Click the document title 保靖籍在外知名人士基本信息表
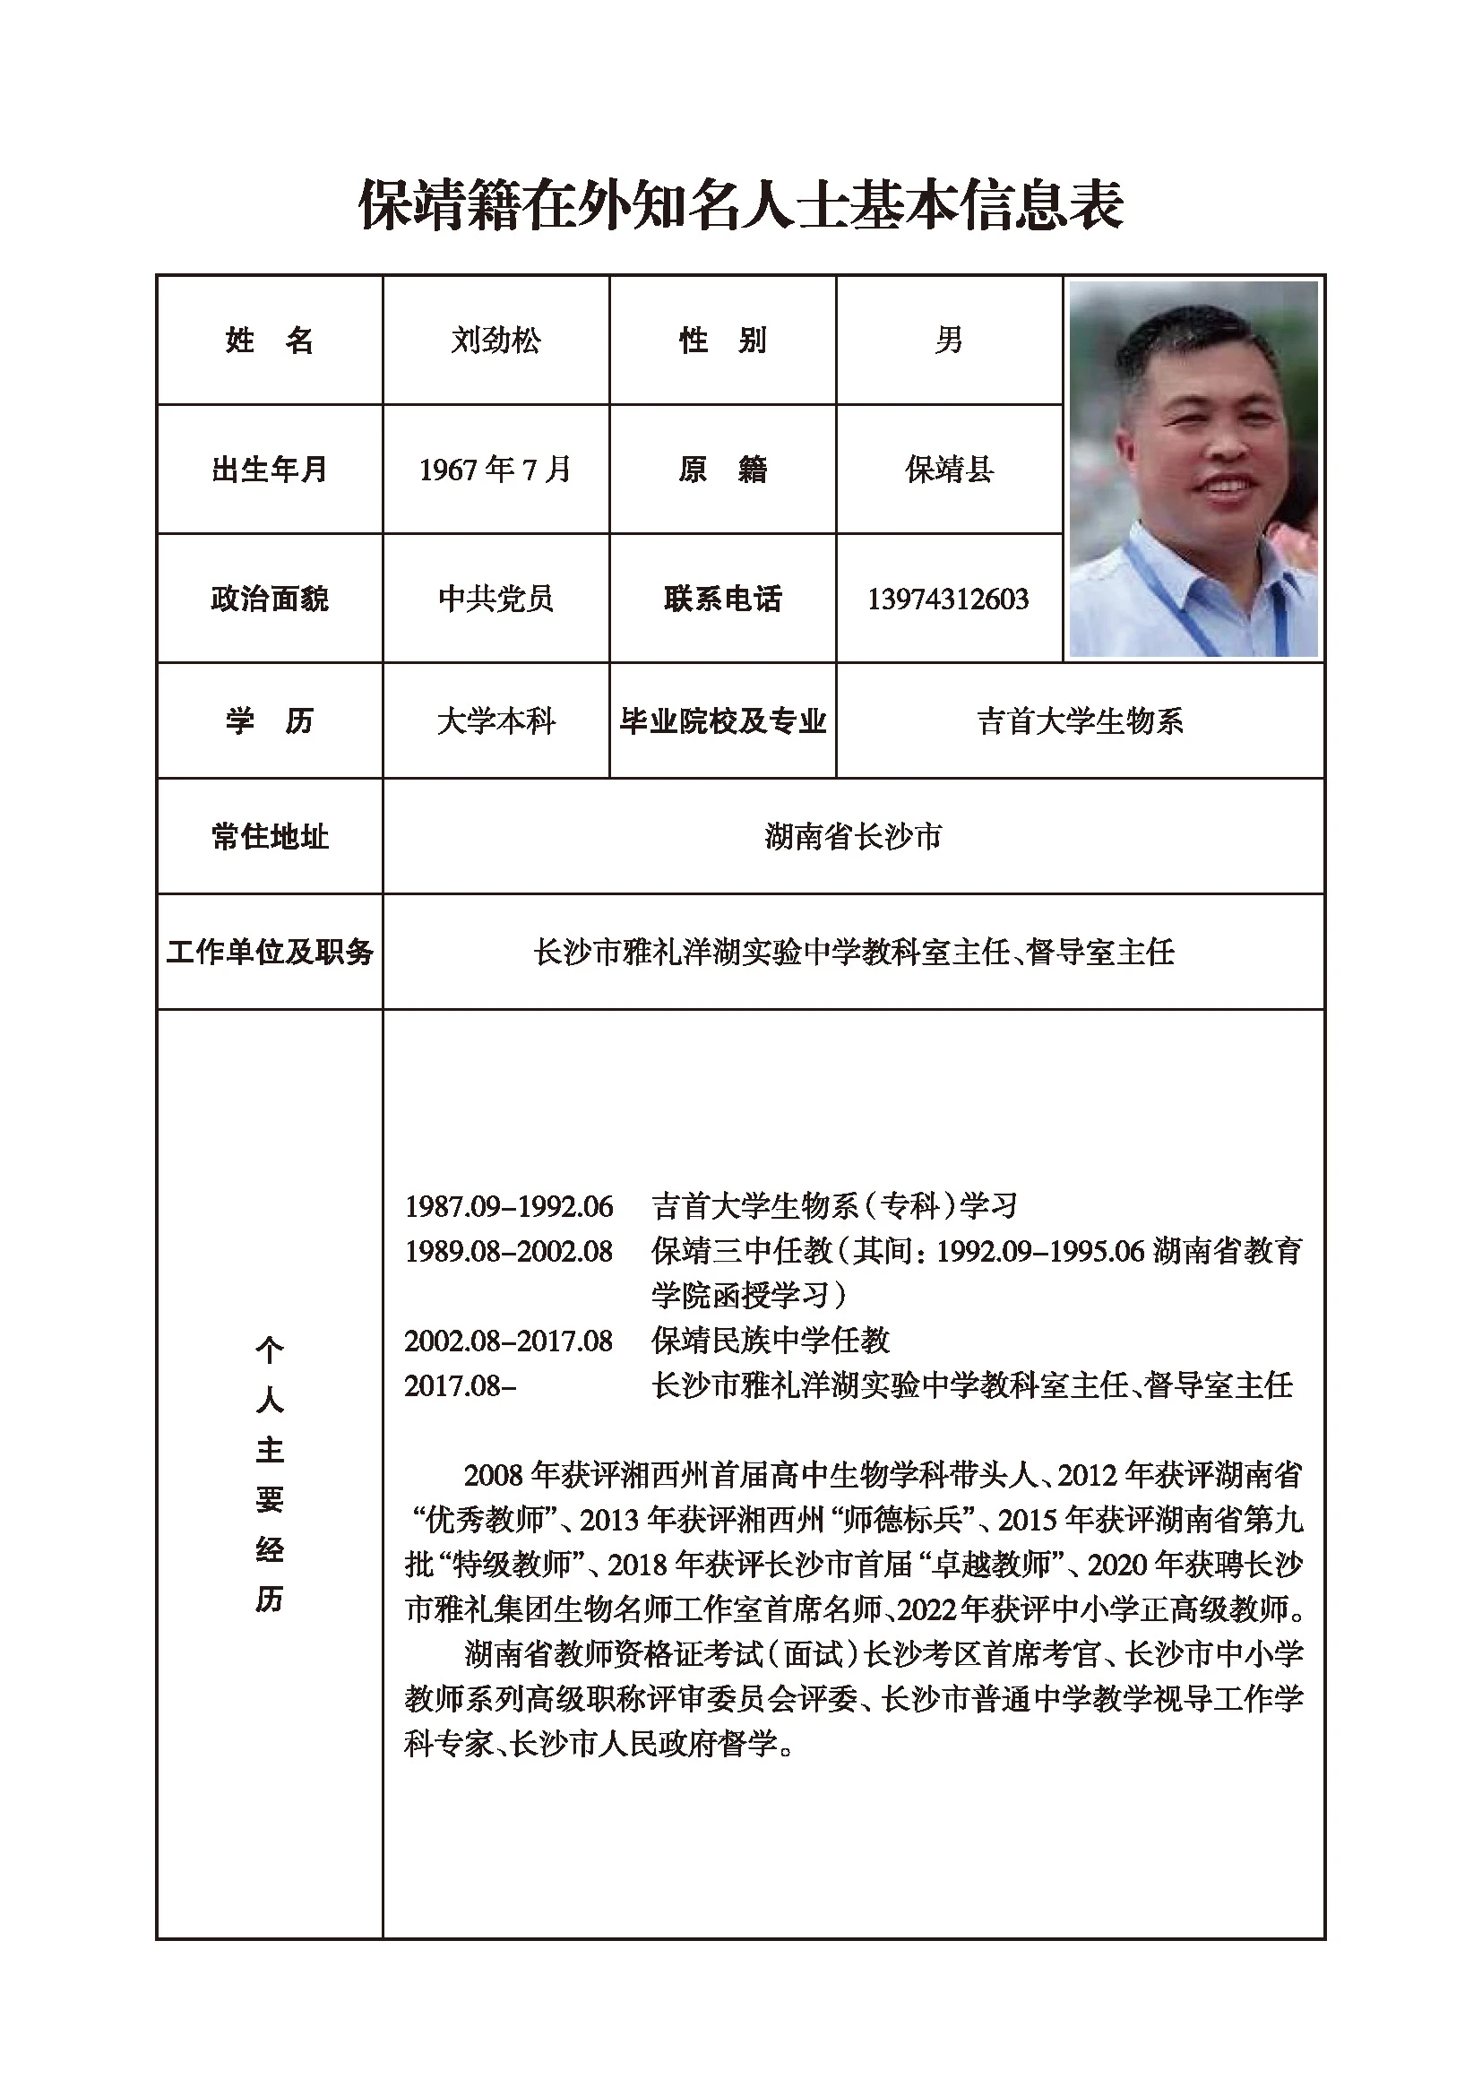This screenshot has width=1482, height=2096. (x=740, y=204)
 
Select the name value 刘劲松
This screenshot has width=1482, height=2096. (x=495, y=341)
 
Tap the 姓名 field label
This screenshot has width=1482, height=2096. (x=269, y=341)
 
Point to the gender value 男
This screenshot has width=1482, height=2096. (x=948, y=341)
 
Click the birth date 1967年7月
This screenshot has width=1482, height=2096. (x=495, y=470)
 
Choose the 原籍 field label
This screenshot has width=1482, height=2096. (x=722, y=470)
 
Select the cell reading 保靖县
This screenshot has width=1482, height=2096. (x=948, y=470)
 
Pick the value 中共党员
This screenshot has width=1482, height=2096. (x=495, y=599)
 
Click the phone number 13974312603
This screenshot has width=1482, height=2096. (x=948, y=599)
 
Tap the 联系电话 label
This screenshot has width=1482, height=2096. (x=722, y=599)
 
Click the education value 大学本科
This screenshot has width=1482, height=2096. (x=495, y=721)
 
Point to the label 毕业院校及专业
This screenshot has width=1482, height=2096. (x=722, y=721)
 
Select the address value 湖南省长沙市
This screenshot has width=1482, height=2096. (x=852, y=836)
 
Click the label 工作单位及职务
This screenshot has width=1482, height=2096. (x=269, y=953)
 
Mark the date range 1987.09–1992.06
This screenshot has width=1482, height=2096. (x=508, y=1206)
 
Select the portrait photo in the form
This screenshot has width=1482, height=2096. (x=1193, y=470)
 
